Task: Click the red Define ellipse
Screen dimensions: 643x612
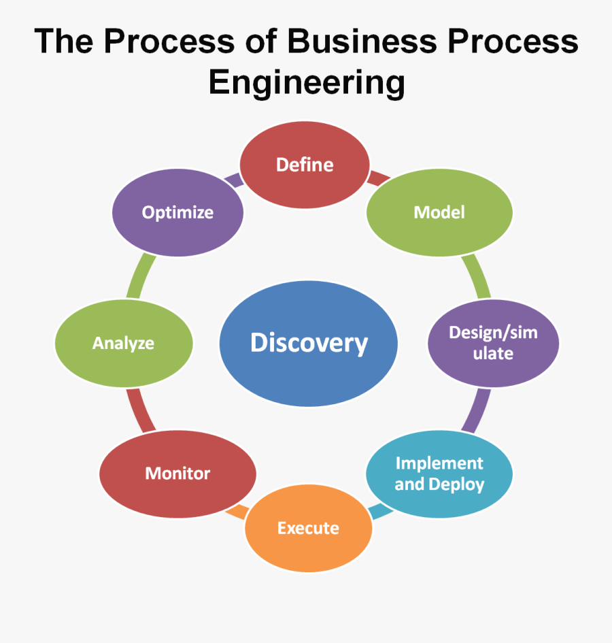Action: click(305, 165)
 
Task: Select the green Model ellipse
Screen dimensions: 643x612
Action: click(439, 212)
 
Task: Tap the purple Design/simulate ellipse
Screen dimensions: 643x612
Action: click(494, 343)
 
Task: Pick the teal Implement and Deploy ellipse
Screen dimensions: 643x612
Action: click(439, 474)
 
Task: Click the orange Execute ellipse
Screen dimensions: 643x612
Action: click(308, 528)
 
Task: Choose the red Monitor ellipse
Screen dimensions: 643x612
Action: click(177, 474)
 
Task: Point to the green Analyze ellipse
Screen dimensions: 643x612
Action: click(123, 343)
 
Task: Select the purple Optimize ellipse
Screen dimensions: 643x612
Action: click(177, 212)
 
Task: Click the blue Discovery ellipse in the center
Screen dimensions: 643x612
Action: click(309, 343)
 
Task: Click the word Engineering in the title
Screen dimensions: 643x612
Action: click(307, 83)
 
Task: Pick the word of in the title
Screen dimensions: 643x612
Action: click(261, 42)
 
